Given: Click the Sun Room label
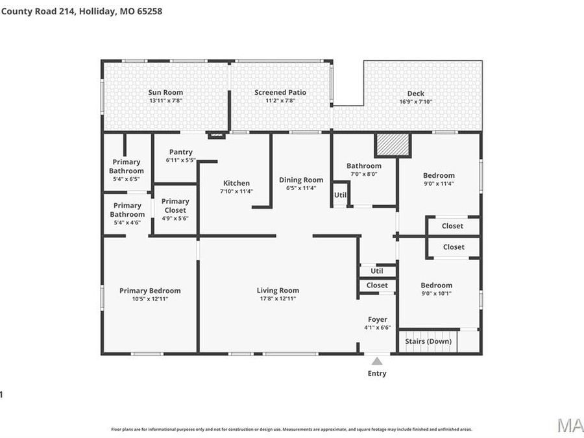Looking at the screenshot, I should click(165, 92).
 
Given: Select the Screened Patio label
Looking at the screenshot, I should click(280, 92).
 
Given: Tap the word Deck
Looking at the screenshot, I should click(415, 93).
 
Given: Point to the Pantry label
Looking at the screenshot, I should click(180, 152).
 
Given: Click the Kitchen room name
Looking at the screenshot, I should click(236, 183).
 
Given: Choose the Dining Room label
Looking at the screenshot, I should click(301, 180).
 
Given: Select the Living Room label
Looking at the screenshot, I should click(278, 290).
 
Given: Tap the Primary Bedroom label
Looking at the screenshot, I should click(150, 290).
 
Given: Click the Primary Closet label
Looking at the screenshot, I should click(175, 206).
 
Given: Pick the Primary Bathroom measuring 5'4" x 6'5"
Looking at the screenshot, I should click(126, 167).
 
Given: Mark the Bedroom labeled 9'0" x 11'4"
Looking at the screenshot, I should click(439, 175).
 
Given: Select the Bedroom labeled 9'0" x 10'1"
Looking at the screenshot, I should click(436, 286).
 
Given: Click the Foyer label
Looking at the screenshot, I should click(378, 319).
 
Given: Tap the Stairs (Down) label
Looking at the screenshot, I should click(428, 341).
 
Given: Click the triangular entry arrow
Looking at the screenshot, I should click(377, 360).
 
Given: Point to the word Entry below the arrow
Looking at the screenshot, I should click(377, 373).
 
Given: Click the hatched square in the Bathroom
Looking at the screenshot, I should click(393, 145).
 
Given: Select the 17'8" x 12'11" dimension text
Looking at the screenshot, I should click(278, 298).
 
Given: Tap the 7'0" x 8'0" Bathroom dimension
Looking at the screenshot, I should click(363, 174).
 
